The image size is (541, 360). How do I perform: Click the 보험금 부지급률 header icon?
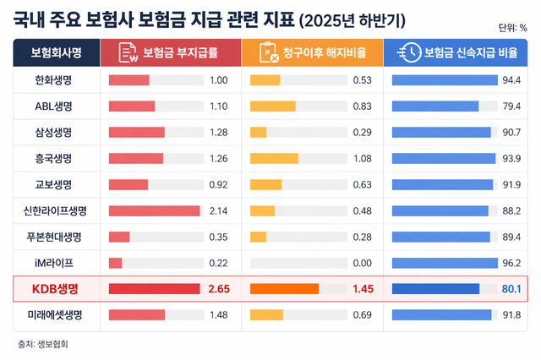click(x=128, y=52)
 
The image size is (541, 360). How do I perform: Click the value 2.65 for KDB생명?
click(x=219, y=289)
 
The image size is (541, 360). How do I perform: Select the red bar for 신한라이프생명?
click(x=154, y=210)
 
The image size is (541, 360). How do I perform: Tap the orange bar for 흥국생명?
click(x=274, y=158)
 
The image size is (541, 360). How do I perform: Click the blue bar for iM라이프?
click(x=445, y=263)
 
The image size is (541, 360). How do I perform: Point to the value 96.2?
click(x=511, y=263)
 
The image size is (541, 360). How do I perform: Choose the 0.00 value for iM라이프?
click(x=362, y=263)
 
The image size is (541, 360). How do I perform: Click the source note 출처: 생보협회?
click(x=43, y=343)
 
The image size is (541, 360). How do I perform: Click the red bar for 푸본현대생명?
click(x=119, y=237)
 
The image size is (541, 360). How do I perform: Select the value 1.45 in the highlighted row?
click(x=362, y=289)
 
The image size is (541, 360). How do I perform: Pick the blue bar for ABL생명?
click(x=436, y=106)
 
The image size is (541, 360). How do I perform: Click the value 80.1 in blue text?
click(x=511, y=289)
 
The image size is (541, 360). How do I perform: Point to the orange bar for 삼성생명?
click(x=258, y=133)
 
